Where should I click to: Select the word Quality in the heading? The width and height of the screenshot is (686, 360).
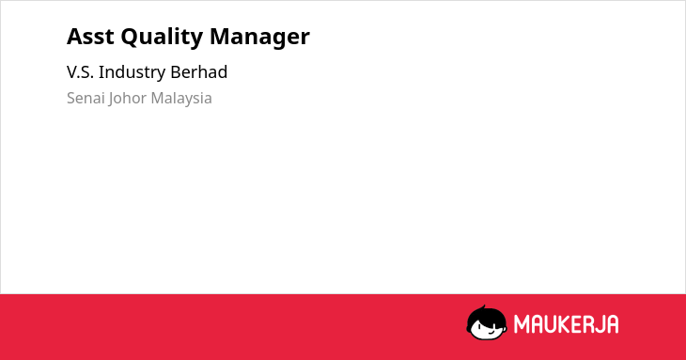tap(162, 38)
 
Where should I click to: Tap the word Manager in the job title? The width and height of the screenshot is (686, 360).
tap(259, 38)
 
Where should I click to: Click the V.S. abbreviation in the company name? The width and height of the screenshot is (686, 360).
tap(80, 72)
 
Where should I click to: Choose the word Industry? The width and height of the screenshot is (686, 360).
tap(133, 73)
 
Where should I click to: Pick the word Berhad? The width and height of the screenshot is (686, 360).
tap(198, 71)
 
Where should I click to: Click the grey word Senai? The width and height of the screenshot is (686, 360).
tap(86, 98)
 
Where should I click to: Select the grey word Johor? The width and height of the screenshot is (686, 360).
tap(128, 99)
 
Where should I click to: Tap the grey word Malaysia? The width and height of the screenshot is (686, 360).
tap(181, 99)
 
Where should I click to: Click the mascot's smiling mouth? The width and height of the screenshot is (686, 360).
tap(491, 332)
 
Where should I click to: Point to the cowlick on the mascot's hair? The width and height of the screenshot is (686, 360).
tap(483, 307)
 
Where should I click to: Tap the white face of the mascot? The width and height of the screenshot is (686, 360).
tap(487, 329)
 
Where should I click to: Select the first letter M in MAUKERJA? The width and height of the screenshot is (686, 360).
tap(521, 324)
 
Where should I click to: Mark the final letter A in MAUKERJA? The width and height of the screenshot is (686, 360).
tap(612, 324)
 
